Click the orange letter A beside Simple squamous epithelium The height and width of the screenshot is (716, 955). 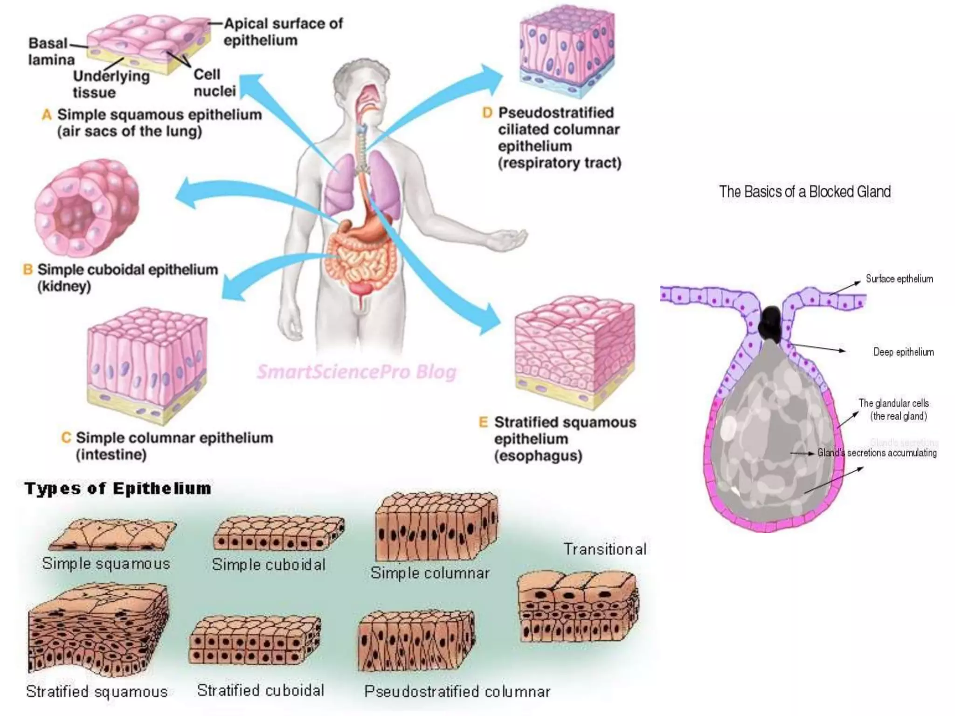click(x=47, y=115)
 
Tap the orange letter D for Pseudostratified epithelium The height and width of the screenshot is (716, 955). click(x=487, y=113)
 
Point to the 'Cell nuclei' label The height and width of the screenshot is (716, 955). click(x=214, y=83)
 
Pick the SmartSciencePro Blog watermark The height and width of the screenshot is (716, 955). click(x=357, y=372)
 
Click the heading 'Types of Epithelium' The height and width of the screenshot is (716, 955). click(x=118, y=489)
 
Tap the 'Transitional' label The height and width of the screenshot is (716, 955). click(x=605, y=549)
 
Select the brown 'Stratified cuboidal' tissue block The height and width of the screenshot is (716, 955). click(x=255, y=640)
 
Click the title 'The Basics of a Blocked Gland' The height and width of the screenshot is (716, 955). click(x=805, y=192)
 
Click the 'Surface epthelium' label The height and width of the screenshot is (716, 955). click(x=899, y=279)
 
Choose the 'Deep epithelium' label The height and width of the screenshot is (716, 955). click(x=903, y=352)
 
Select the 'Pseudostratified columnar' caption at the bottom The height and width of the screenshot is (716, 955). click(x=457, y=692)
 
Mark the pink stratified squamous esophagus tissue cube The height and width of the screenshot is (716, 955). click(x=574, y=350)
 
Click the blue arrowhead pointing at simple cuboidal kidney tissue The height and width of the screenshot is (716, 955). click(x=187, y=193)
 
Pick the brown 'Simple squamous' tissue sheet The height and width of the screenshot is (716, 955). click(x=112, y=535)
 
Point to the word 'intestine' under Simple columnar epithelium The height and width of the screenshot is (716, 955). click(x=111, y=454)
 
